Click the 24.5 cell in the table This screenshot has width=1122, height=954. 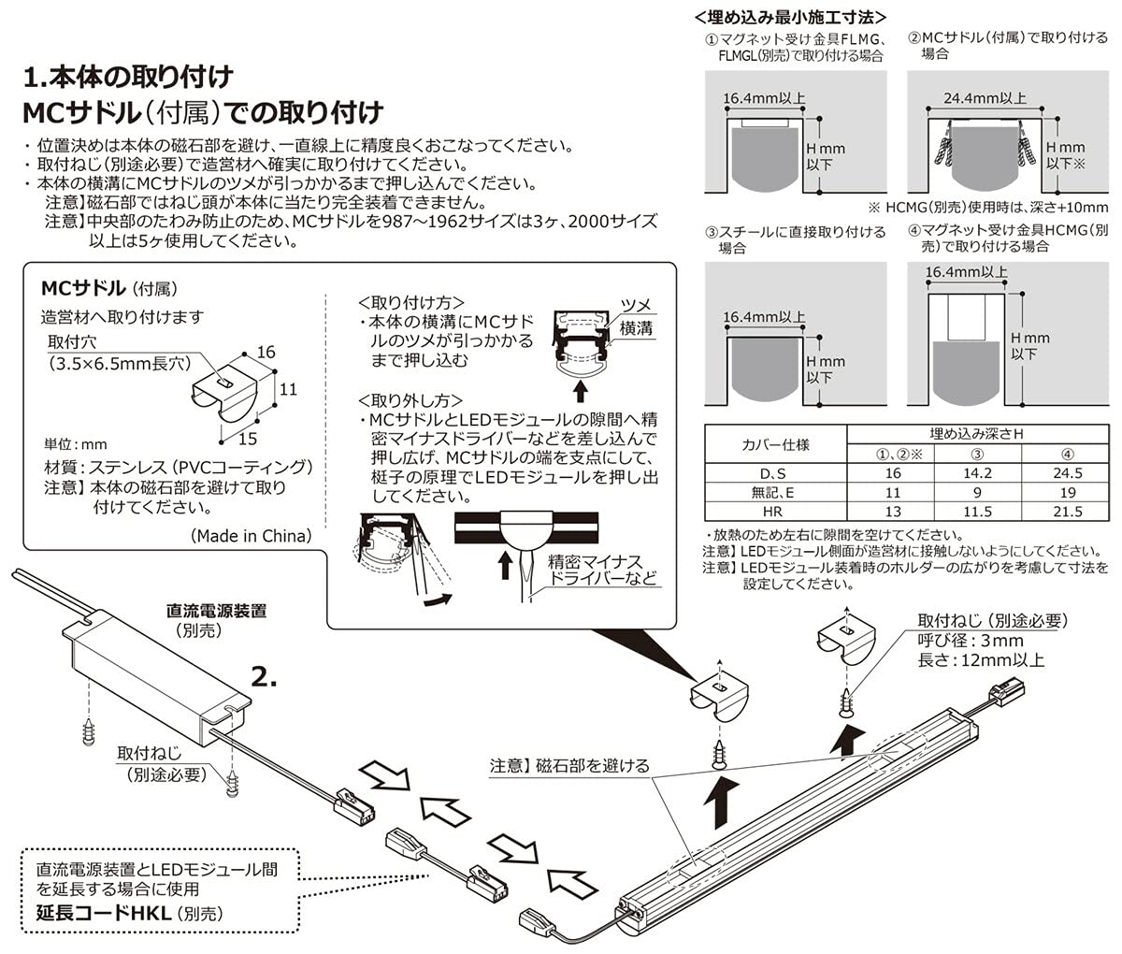coord(1066,473)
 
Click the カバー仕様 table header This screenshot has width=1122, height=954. coord(775,443)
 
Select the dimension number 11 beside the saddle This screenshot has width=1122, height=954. coord(288,388)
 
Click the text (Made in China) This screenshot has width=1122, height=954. coord(251,536)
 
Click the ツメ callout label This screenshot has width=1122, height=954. coord(636,306)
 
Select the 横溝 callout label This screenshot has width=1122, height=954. coord(636,327)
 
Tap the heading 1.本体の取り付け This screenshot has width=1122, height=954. coord(128,75)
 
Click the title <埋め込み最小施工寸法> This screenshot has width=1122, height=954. coord(791,17)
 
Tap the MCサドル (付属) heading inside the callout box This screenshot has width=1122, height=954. coord(108,287)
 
